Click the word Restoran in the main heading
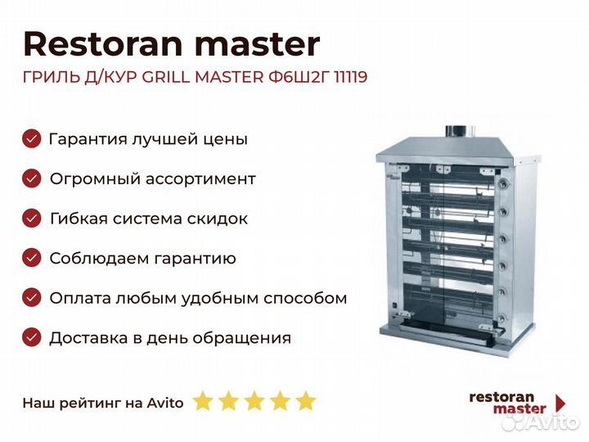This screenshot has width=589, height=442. click(103, 44)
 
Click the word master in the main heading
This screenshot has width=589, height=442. click(258, 45)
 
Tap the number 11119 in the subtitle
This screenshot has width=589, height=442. click(350, 77)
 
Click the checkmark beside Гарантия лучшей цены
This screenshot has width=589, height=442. click(32, 138)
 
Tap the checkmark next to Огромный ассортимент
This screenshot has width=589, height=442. click(32, 178)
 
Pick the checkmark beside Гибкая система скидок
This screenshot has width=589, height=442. click(32, 219)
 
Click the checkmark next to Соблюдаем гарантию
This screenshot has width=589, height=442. click(32, 258)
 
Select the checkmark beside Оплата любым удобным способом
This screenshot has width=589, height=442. click(32, 298)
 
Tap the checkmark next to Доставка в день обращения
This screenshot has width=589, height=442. click(32, 337)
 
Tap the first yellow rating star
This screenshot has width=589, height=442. click(203, 400)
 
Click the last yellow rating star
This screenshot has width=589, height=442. click(306, 400)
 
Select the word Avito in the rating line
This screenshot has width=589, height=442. click(165, 403)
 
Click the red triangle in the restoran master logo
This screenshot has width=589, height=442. click(560, 403)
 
